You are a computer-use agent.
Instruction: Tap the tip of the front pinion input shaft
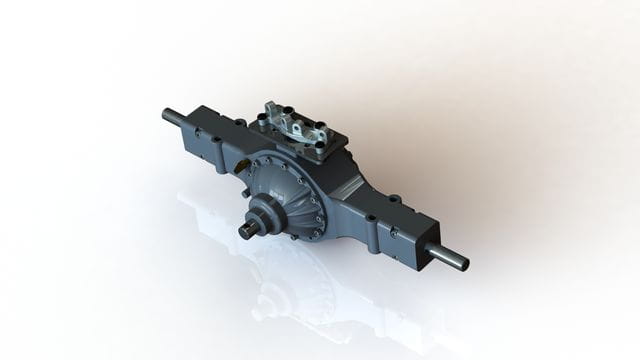point(243,232)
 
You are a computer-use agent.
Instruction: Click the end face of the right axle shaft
point(463,266)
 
